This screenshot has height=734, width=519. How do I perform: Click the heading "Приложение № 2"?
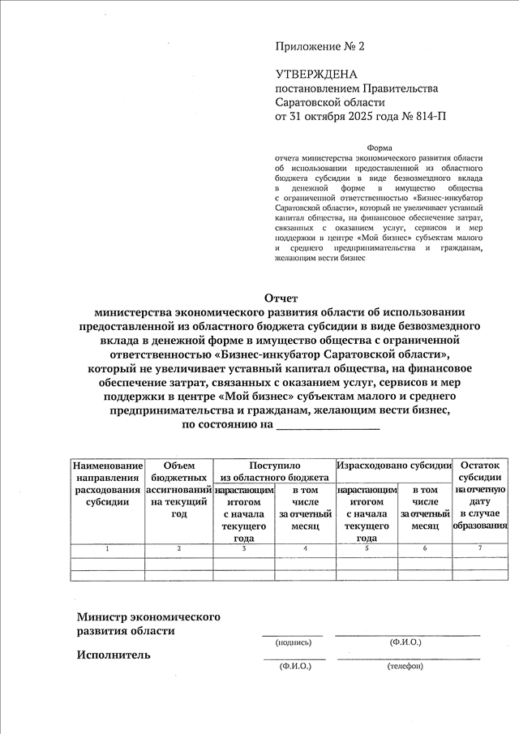pos(320,47)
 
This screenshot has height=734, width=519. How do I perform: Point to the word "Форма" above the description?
pos(380,148)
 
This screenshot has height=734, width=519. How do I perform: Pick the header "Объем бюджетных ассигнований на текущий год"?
pos(179,490)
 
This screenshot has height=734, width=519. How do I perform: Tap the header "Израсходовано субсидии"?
pos(394,466)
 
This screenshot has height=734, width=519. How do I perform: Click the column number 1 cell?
pos(107,550)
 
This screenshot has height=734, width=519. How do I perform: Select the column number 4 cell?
pos(305,550)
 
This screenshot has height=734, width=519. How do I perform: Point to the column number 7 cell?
pos(480,550)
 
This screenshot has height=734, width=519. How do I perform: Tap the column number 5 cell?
pos(367,550)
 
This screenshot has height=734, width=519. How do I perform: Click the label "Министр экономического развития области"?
pos(148,624)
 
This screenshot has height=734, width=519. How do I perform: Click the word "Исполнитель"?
pos(114,655)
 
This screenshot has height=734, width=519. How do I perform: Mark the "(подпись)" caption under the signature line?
pos(294,642)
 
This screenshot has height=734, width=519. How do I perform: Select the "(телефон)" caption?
pos(405,667)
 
